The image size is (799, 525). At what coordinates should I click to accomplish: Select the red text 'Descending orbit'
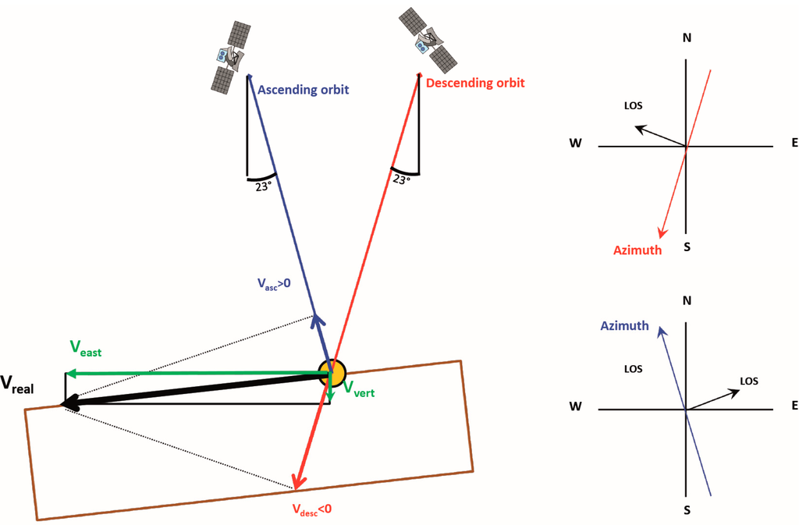point(475,83)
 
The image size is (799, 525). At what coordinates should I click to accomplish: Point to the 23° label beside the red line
point(401,179)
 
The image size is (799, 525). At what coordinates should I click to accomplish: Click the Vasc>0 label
point(274,284)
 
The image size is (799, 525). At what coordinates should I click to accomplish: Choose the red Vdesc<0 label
point(312,509)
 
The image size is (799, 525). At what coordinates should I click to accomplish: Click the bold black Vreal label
point(17,384)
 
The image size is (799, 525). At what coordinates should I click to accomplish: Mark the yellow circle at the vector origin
point(332,373)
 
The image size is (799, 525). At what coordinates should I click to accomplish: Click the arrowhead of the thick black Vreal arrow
point(67,403)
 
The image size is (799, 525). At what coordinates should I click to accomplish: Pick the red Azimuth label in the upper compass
point(637,250)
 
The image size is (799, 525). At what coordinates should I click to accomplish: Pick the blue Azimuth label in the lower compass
point(624,325)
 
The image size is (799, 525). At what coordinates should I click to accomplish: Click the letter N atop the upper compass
point(687,37)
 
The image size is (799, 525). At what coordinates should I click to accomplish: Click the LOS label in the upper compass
point(635,105)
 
